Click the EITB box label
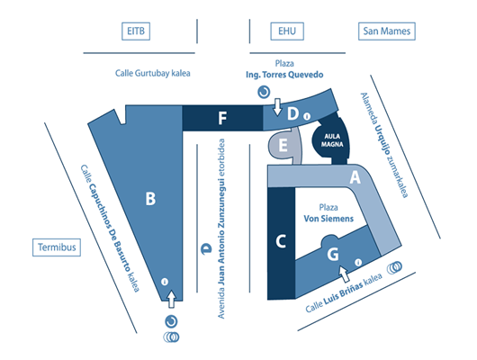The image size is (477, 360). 136,31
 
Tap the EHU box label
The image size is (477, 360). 287,31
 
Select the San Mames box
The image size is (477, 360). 387,31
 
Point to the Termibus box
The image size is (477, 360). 57,247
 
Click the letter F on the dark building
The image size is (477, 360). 222,118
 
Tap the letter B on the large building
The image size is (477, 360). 150,199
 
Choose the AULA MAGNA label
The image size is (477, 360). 332,140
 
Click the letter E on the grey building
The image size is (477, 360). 283,145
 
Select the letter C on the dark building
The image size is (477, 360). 281,241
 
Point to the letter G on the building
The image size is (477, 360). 333,254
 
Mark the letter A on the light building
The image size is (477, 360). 355,177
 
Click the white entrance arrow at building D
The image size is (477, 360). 277,107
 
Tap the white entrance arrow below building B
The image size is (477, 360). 172,299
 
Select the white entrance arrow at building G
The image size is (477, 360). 344,274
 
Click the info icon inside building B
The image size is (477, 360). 165,282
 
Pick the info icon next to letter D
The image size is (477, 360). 307,116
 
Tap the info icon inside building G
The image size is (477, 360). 358,262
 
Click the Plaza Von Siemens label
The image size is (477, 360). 328,213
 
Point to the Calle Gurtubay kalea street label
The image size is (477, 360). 152,73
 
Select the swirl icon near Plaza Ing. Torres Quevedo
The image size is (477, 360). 264,92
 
